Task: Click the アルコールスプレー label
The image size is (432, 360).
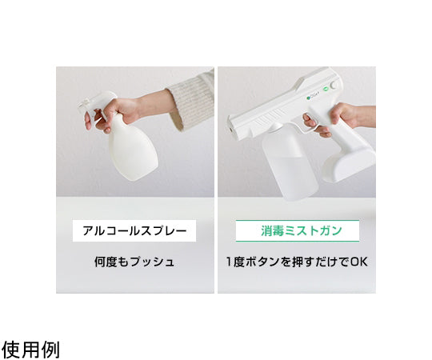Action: [134, 231]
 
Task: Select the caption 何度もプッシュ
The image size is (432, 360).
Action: [134, 262]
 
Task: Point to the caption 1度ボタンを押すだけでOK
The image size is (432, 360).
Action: [297, 262]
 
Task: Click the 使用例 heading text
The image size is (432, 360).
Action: [30, 350]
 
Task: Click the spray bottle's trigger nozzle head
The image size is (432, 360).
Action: [97, 102]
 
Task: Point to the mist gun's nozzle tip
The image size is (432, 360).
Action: [230, 129]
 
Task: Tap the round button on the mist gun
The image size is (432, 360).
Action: [334, 85]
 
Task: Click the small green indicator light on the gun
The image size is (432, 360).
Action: [326, 89]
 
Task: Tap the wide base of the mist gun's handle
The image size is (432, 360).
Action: [350, 166]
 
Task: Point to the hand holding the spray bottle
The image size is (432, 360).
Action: [116, 111]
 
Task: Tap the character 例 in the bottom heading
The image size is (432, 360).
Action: [50, 350]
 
